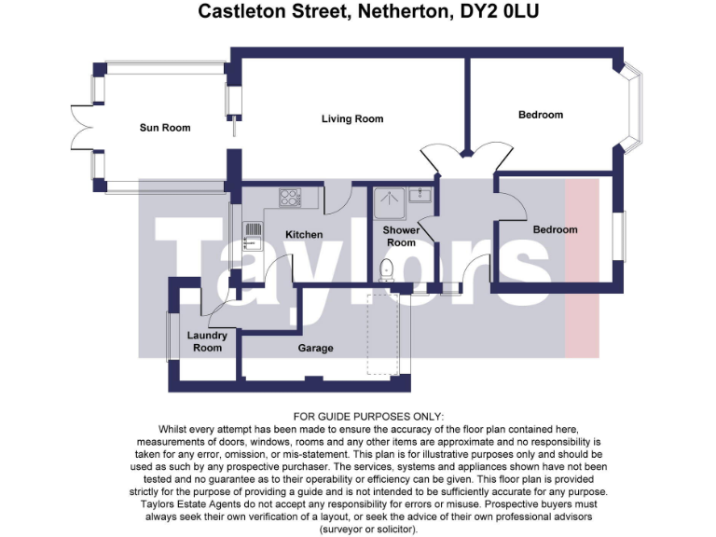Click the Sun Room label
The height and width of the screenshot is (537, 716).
[x=164, y=128]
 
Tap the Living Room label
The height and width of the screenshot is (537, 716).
[x=352, y=119]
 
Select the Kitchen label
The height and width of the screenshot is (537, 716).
[x=304, y=234]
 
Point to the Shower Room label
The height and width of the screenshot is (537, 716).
[x=401, y=237]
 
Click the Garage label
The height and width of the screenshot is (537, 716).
[x=315, y=349]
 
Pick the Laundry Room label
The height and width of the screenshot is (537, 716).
[x=207, y=342]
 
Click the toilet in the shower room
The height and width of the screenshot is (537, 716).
[x=389, y=268]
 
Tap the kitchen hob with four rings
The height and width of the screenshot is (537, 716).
[x=290, y=197]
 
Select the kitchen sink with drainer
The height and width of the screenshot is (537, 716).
[x=251, y=236]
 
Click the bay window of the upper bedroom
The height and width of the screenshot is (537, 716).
[x=635, y=105]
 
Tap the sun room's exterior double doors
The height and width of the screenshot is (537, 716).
[x=82, y=128]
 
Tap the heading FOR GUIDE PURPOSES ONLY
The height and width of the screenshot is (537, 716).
[x=369, y=416]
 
